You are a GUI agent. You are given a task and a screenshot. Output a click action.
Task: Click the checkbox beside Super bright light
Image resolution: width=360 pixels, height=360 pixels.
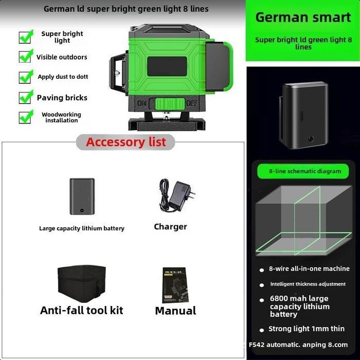tap(26, 37)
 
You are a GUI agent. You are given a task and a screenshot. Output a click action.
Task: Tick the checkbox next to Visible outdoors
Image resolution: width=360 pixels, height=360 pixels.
tap(26, 56)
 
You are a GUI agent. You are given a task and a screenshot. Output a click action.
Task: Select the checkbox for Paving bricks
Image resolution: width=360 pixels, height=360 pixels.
tap(26, 97)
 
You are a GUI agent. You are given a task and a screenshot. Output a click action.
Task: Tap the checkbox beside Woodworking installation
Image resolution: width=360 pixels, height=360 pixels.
tap(26, 117)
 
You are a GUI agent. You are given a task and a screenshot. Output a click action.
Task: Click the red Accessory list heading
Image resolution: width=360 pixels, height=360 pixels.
tap(126, 142)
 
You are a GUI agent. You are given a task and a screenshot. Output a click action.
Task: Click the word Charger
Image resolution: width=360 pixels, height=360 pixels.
tap(170, 227)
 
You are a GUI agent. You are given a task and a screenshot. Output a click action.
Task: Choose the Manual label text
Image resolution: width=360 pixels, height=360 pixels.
tap(175, 311)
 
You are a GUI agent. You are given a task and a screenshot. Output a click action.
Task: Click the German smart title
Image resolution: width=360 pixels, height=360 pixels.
tap(303, 17)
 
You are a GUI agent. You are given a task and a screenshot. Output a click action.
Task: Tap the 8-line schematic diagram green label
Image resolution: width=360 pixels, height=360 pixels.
tap(305, 171)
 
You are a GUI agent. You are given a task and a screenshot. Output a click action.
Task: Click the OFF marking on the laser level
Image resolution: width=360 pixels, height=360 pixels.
tap(191, 103)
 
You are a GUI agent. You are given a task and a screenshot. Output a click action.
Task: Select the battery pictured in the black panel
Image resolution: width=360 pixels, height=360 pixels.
tap(304, 114)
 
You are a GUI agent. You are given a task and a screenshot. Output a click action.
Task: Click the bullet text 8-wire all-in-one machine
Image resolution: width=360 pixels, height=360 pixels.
tap(309, 268)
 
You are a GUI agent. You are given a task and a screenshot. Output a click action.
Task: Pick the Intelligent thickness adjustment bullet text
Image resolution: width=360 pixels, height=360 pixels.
tap(308, 284)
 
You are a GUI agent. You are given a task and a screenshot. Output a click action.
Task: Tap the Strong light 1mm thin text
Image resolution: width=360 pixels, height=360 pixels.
tap(307, 329)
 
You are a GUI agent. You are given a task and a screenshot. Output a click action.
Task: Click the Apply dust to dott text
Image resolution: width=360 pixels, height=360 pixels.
tap(63, 77)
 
